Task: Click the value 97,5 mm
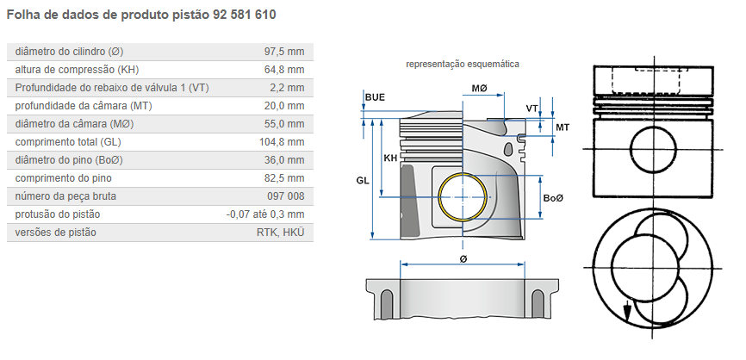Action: pyautogui.click(x=284, y=52)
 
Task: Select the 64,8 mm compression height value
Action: pyautogui.click(x=284, y=70)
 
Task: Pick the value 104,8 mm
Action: pyautogui.click(x=282, y=142)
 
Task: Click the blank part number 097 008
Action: pyautogui.click(x=285, y=196)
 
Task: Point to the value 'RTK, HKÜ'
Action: pyautogui.click(x=281, y=233)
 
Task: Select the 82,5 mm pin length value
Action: pyautogui.click(x=284, y=178)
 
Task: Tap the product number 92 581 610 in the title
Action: pyautogui.click(x=246, y=16)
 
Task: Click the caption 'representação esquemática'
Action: pyautogui.click(x=462, y=64)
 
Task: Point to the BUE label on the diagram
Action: pyautogui.click(x=375, y=97)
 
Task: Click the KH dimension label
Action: pyautogui.click(x=390, y=158)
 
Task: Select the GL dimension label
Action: pyautogui.click(x=362, y=180)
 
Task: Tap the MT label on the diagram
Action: pyautogui.click(x=562, y=127)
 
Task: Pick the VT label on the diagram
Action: pyautogui.click(x=532, y=108)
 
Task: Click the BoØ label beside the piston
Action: pyautogui.click(x=553, y=199)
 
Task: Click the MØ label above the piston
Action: pyautogui.click(x=479, y=90)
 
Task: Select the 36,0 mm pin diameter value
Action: pyautogui.click(x=284, y=160)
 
